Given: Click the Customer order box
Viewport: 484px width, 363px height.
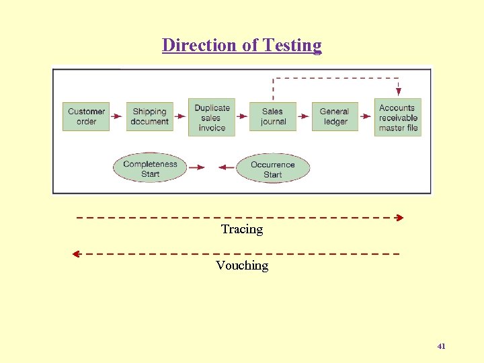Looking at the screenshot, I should [x=86, y=116].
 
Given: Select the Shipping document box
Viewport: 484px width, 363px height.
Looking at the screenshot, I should [x=149, y=116].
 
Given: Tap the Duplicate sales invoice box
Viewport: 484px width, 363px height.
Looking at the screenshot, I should [x=212, y=117].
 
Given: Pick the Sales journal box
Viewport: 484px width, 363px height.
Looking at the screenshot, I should [x=273, y=116].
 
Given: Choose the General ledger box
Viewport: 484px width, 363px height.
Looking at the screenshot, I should [x=335, y=116].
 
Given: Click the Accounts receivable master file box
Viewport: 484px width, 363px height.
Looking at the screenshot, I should [x=398, y=118].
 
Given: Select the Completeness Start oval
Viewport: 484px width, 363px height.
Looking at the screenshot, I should [x=150, y=169].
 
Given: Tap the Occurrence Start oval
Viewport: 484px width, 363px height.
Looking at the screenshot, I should [x=272, y=169].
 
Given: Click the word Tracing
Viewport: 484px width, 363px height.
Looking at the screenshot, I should [x=242, y=229].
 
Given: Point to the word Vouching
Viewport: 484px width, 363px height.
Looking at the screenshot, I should [x=242, y=266].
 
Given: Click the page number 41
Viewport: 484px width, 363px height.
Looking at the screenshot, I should [x=441, y=346].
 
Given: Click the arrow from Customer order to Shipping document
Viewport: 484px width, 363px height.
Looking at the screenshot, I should [x=118, y=116].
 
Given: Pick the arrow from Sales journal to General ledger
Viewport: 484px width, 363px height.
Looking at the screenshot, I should [x=304, y=116].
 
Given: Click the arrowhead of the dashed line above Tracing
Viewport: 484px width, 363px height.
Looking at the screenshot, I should [x=399, y=218].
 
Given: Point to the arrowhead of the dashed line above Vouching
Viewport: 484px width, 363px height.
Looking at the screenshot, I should [x=76, y=254].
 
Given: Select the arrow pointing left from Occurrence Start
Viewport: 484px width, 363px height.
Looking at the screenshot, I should [x=227, y=167].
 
